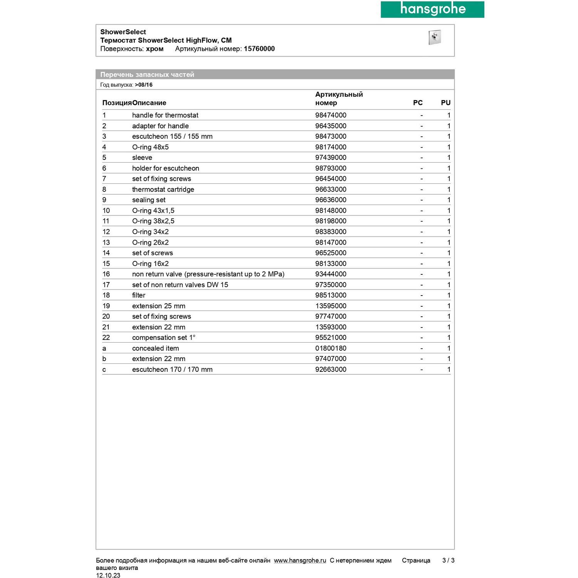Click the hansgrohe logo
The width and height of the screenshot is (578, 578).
[x=432, y=9]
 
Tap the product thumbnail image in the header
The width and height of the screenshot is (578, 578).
[x=434, y=37]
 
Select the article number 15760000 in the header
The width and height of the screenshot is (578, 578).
[x=259, y=49]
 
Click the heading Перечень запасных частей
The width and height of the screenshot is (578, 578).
[x=147, y=75]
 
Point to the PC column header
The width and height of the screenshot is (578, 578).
[x=418, y=103]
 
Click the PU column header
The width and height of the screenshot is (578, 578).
[x=445, y=103]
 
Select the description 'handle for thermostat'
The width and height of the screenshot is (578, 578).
[x=165, y=115]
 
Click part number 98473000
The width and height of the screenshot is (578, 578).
[x=331, y=136]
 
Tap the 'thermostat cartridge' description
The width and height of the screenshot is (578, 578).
[x=163, y=190]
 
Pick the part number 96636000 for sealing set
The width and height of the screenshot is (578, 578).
[x=331, y=200]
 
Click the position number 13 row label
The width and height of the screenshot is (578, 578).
[x=106, y=242]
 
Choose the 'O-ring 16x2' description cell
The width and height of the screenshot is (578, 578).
[x=150, y=264]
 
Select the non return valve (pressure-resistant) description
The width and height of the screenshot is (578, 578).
[x=208, y=274]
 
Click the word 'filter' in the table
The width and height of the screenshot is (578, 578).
[x=139, y=295]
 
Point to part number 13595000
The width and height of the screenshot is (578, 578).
[x=331, y=306]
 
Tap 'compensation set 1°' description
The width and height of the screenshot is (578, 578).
[x=164, y=338]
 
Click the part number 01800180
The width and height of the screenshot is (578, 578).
[x=331, y=348]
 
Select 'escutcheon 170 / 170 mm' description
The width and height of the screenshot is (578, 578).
[x=172, y=370]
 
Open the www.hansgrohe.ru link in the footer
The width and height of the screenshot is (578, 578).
[x=300, y=561]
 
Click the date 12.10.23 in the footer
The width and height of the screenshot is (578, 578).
[x=108, y=575]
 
